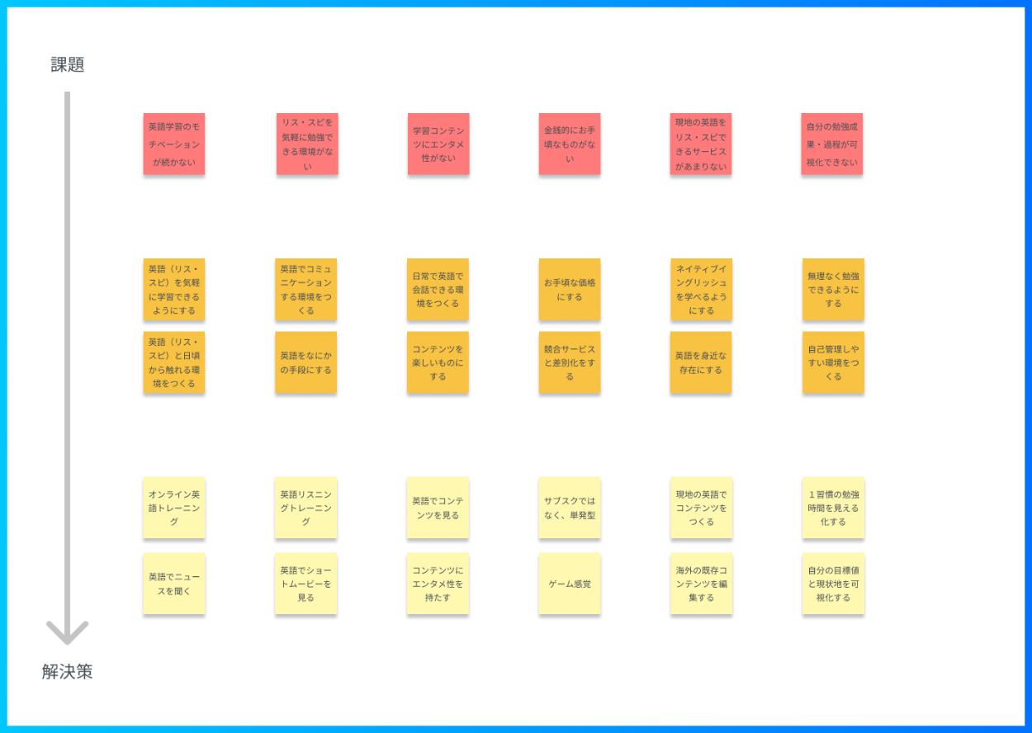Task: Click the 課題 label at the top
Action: coord(68,65)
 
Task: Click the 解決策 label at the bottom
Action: coord(68,672)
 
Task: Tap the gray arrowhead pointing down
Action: coord(68,632)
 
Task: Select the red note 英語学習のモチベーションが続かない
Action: coord(174,144)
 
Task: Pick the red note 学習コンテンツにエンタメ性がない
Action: coord(438,144)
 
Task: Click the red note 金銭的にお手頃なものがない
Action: coord(570,144)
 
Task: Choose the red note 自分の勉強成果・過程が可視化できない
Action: coord(832,144)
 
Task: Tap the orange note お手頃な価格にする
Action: coord(570,290)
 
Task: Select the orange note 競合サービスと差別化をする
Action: coord(570,362)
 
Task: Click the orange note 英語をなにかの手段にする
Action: coord(306,362)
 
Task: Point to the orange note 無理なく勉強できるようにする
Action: coord(833,290)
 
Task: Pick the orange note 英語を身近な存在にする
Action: coord(701,362)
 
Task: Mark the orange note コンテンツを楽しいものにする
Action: coord(438,362)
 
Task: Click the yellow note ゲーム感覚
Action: coord(570,584)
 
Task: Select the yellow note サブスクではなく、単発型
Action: coord(570,508)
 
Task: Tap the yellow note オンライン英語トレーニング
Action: coord(174,508)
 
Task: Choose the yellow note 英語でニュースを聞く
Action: coord(174,584)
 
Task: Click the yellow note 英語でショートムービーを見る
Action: coord(306,584)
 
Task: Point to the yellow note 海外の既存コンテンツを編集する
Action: coord(701,584)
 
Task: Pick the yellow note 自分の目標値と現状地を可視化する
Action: coord(833,584)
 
